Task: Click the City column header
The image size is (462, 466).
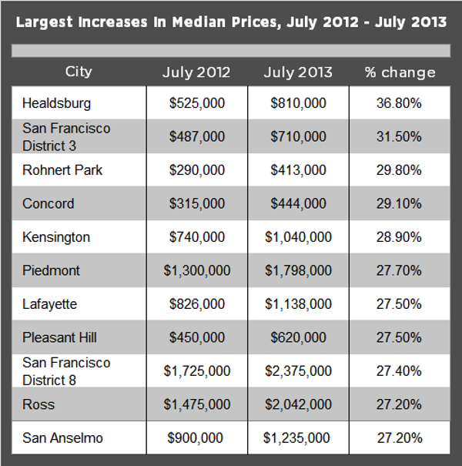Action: (79, 72)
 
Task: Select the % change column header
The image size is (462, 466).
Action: (400, 72)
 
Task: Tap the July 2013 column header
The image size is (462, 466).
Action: (298, 72)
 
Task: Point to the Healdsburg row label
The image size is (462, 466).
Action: (56, 102)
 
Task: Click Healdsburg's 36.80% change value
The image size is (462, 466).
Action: (400, 102)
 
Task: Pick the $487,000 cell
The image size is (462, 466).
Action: (196, 136)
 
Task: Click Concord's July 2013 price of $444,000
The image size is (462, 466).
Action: (298, 203)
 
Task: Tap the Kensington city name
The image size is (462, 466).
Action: (56, 237)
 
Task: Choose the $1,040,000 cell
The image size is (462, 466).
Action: (298, 237)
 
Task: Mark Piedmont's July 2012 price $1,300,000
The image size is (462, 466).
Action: (196, 270)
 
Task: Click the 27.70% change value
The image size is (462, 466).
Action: (400, 270)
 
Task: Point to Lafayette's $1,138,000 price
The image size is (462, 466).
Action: (298, 304)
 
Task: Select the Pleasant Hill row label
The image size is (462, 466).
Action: (59, 337)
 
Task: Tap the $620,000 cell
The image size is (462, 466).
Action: (298, 337)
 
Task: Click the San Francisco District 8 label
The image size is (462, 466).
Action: (66, 370)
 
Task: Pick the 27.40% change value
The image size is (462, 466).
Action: (400, 371)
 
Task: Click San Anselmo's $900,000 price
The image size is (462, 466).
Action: (196, 438)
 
